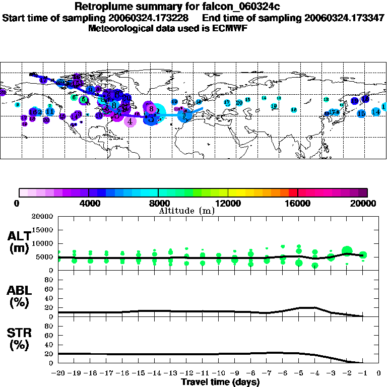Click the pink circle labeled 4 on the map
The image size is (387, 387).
[x=130, y=121]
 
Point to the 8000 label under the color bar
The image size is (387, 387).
[x=158, y=203]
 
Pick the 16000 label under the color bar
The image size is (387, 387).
[x=297, y=203]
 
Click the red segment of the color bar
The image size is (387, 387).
[x=293, y=192]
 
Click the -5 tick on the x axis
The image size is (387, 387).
[x=298, y=373]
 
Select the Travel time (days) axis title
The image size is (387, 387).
[x=220, y=382]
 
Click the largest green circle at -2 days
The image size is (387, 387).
[x=347, y=251]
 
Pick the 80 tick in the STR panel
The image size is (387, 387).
[x=50, y=326]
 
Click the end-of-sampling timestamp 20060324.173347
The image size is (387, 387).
[x=345, y=18]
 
